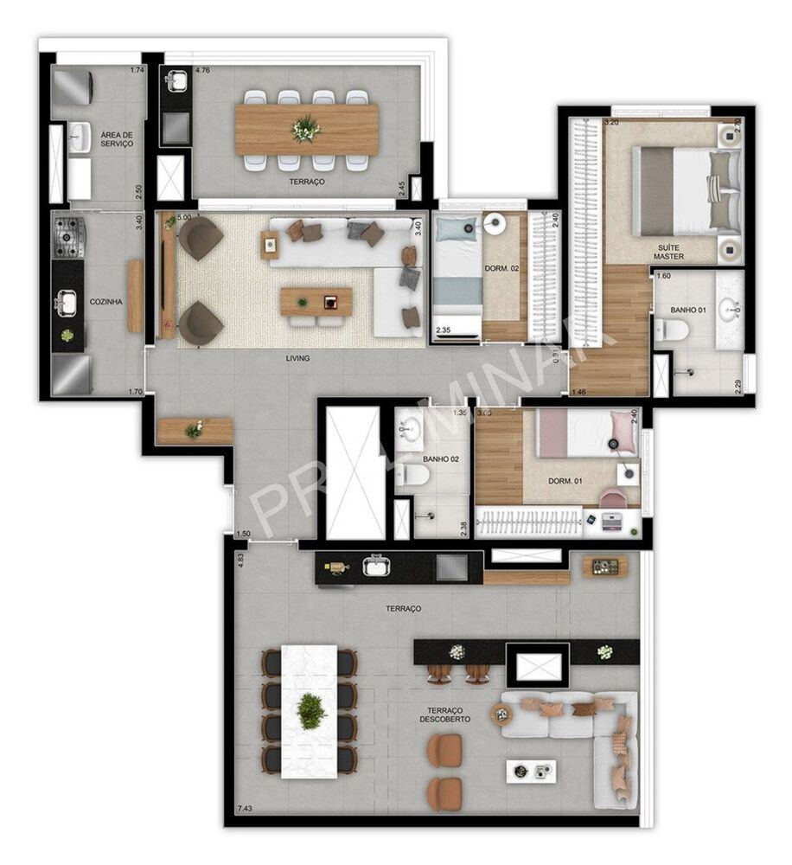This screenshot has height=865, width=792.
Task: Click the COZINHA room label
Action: [105, 302]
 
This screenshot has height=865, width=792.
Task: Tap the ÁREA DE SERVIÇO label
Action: [117, 139]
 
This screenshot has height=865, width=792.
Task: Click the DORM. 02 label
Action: [502, 269]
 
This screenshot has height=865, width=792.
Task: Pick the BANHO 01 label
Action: [689, 310]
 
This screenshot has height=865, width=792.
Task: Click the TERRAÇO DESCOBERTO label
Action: [445, 713]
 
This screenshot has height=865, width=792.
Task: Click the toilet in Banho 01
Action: [672, 330]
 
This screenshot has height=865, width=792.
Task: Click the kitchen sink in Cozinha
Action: [67, 303]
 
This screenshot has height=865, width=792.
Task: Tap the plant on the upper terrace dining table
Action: [305, 130]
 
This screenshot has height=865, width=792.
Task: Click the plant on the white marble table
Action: [310, 710]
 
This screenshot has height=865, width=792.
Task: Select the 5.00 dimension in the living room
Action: [184, 219]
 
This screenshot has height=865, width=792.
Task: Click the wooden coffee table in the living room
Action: [316, 301]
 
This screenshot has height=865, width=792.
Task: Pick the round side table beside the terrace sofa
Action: [501, 714]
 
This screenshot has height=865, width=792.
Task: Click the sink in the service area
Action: [80, 136]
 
